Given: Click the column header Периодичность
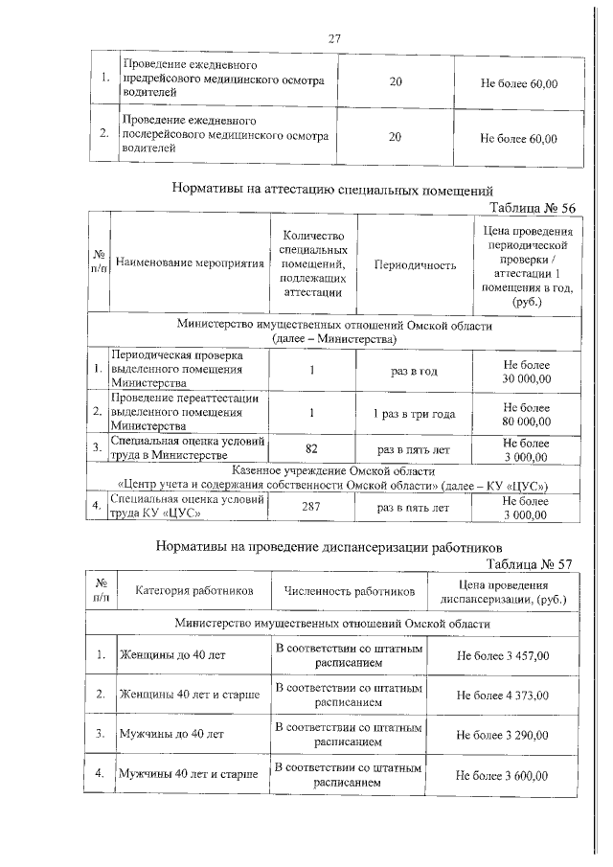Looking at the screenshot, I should coord(415,264).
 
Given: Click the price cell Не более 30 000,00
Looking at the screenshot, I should coord(526,371).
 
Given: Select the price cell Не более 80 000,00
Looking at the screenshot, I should coord(526,414).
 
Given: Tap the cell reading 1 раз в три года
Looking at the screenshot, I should coord(415,414).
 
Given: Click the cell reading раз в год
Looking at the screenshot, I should coord(415,371).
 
